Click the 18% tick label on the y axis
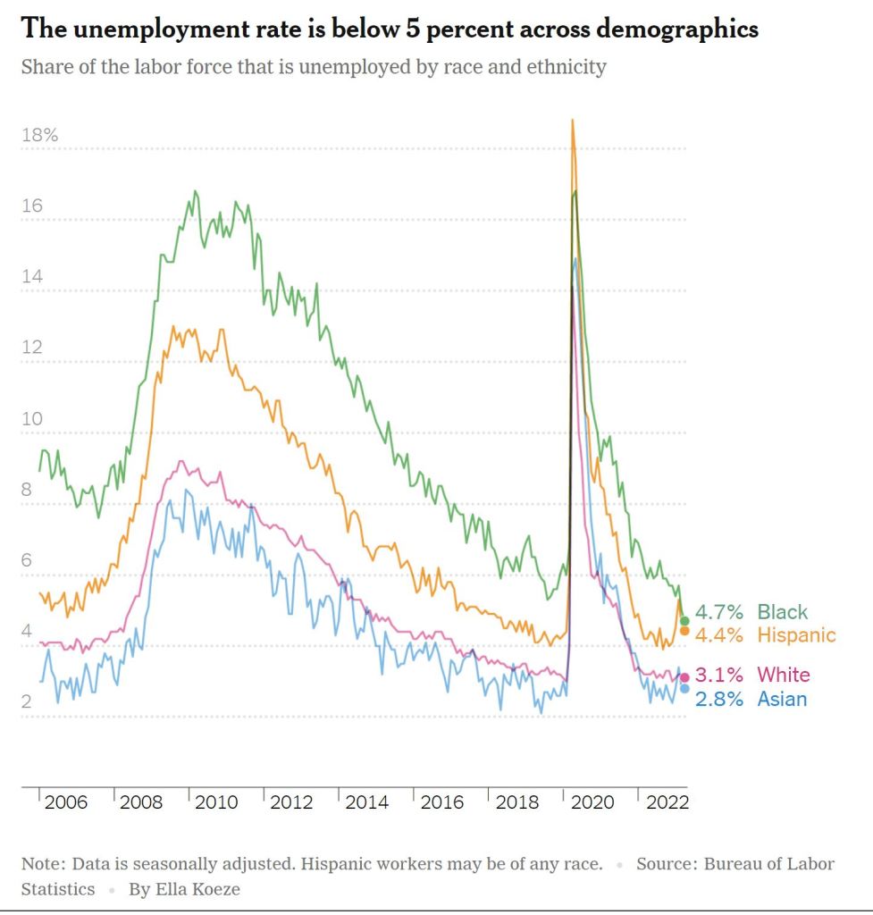(40, 136)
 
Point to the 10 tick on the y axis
(32, 419)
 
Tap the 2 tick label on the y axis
(27, 701)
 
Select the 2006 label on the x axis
(66, 802)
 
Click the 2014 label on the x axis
(366, 802)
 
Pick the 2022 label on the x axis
(667, 802)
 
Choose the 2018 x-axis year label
(516, 802)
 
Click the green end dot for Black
(685, 621)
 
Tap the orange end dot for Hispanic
(685, 631)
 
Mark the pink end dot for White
(685, 677)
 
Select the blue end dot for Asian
(685, 688)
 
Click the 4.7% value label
(719, 612)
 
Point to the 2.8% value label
(719, 699)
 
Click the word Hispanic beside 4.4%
(797, 635)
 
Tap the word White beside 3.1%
(784, 675)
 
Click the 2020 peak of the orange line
(573, 121)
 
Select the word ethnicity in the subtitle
(562, 67)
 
